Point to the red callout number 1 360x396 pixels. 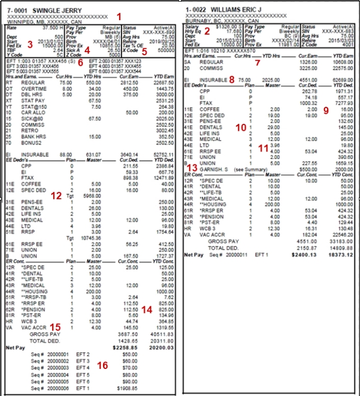[x=119, y=16]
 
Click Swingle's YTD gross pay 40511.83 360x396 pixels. [x=164, y=334]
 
